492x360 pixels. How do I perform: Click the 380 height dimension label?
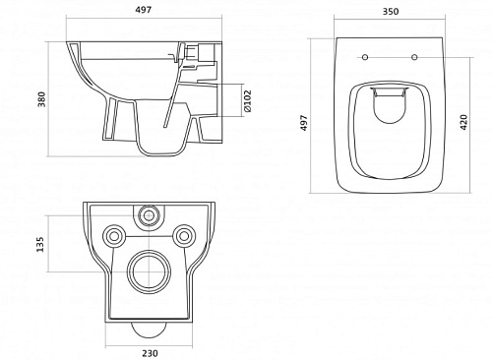click(42, 99)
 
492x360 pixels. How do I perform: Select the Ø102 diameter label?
click(248, 101)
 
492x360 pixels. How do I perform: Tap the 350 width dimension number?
click(391, 12)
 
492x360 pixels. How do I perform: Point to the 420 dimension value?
click(463, 122)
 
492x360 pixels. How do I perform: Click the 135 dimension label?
click(40, 244)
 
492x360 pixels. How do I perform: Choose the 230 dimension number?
click(150, 353)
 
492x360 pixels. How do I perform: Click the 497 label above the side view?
click(144, 10)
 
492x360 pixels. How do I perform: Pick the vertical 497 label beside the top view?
click(304, 123)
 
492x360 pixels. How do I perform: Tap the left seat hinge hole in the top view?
click(365, 57)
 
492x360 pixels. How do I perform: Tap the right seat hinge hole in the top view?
click(414, 57)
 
